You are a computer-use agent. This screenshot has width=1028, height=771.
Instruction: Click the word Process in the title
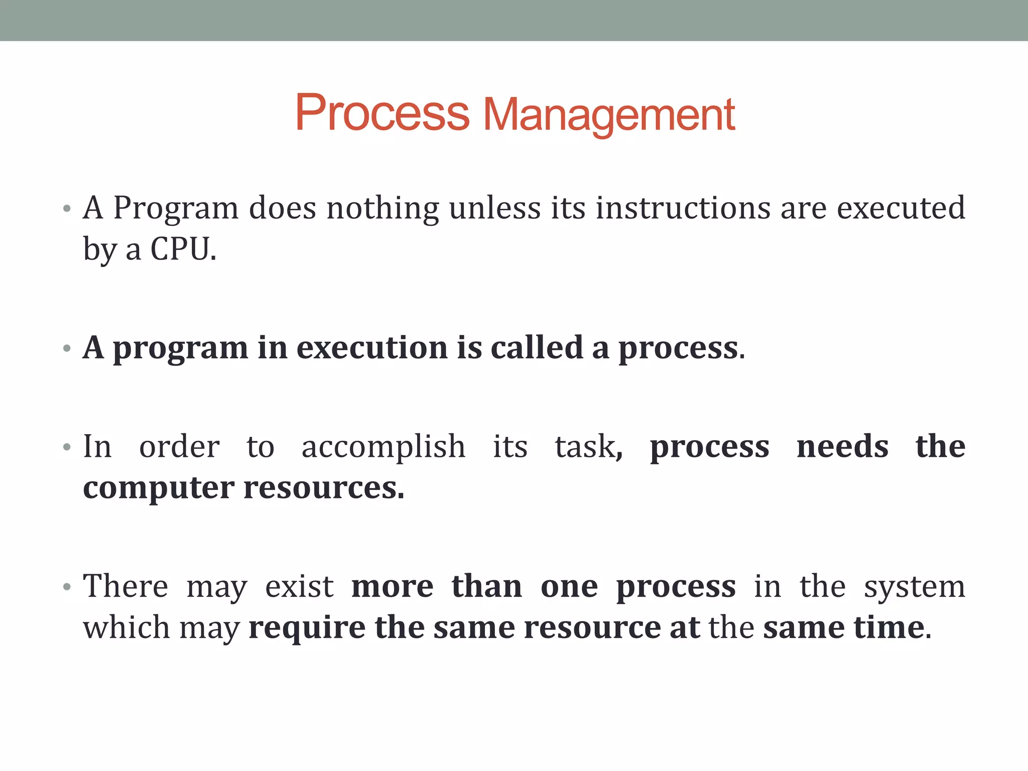(x=382, y=113)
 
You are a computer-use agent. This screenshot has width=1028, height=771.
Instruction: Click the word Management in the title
(x=609, y=115)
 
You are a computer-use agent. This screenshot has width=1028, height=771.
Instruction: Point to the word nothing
(x=382, y=209)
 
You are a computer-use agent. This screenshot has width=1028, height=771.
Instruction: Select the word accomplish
(x=383, y=447)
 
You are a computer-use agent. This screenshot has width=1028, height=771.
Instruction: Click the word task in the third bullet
(x=585, y=447)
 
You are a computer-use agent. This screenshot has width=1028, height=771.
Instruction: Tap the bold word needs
(x=842, y=447)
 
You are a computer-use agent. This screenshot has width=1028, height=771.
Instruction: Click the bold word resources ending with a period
(x=323, y=488)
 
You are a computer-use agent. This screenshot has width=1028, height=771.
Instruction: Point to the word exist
(x=299, y=586)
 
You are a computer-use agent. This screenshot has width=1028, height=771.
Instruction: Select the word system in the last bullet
(x=914, y=587)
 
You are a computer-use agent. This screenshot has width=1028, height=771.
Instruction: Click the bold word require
(x=307, y=628)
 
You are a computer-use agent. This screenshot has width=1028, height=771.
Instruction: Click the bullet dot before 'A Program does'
(x=67, y=209)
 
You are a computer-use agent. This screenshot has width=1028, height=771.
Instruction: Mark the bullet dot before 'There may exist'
(x=67, y=587)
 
